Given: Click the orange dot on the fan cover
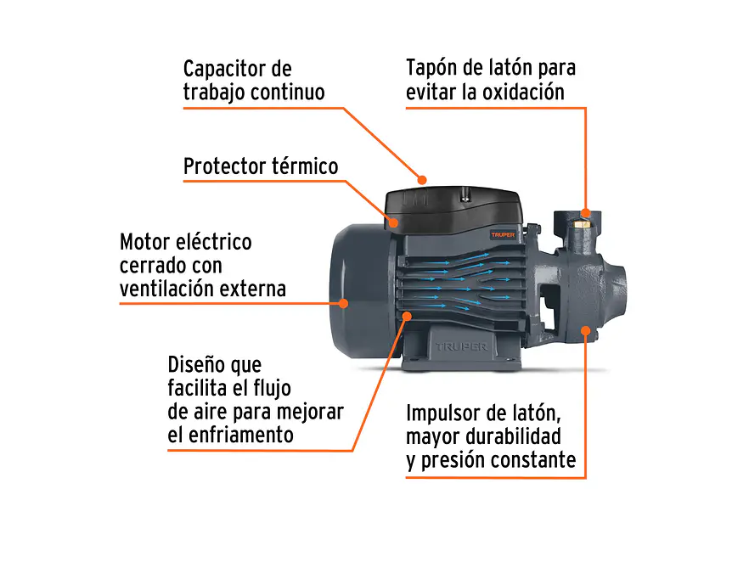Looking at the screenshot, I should point(344,302).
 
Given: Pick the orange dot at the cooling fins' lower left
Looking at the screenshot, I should point(408,316).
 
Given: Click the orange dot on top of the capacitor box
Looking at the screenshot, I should point(422,179).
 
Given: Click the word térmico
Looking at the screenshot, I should point(305,166).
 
